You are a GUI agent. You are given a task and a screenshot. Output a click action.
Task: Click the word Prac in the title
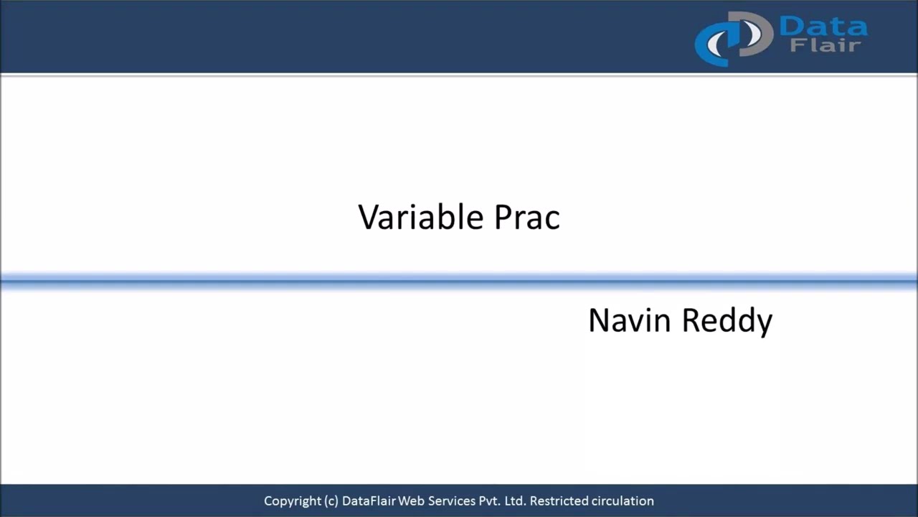pyautogui.click(x=527, y=217)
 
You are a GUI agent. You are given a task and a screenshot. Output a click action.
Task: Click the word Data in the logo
pyautogui.click(x=823, y=27)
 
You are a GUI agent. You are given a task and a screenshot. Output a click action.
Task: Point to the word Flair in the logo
pyautogui.click(x=825, y=46)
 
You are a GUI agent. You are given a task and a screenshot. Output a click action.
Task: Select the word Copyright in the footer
pyautogui.click(x=292, y=501)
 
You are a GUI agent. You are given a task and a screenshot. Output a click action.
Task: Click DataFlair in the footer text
pyautogui.click(x=369, y=501)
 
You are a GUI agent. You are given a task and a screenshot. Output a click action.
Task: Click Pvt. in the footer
pyautogui.click(x=488, y=501)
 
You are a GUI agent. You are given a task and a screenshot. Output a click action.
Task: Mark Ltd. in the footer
pyautogui.click(x=516, y=501)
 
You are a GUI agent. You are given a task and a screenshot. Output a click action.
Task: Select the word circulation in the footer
pyautogui.click(x=623, y=501)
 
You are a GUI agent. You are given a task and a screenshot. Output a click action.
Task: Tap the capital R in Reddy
pyautogui.click(x=691, y=320)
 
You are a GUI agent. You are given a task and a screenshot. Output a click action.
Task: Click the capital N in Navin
pyautogui.click(x=599, y=320)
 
